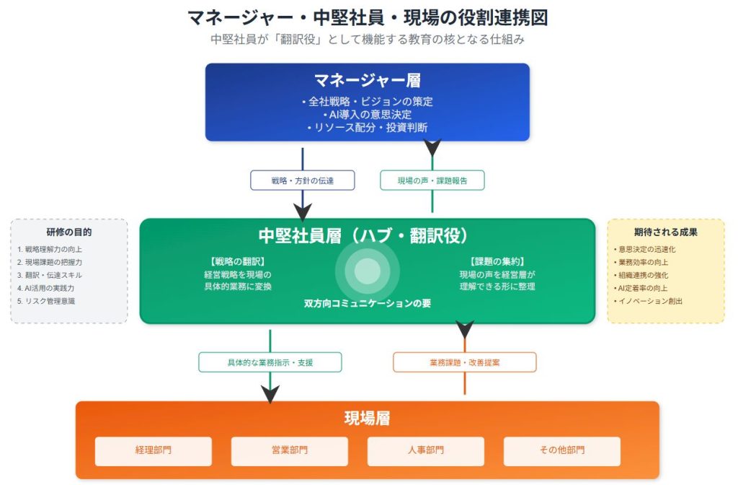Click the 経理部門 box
click(154, 451)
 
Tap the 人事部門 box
click(425, 451)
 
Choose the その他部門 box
click(562, 451)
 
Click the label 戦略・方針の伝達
click(303, 180)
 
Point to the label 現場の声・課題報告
click(432, 180)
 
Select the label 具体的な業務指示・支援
click(270, 362)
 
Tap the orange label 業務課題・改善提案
click(465, 362)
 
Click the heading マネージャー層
click(368, 80)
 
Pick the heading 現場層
click(368, 418)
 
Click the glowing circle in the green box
click(368, 271)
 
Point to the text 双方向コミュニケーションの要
click(368, 304)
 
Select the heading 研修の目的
click(69, 232)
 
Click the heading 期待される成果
click(666, 232)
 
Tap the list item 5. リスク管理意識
click(46, 301)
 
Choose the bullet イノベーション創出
click(648, 301)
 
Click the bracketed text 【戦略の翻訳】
click(238, 261)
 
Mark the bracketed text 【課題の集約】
click(497, 261)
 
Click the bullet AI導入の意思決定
click(368, 114)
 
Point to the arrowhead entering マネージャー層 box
click(432, 148)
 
